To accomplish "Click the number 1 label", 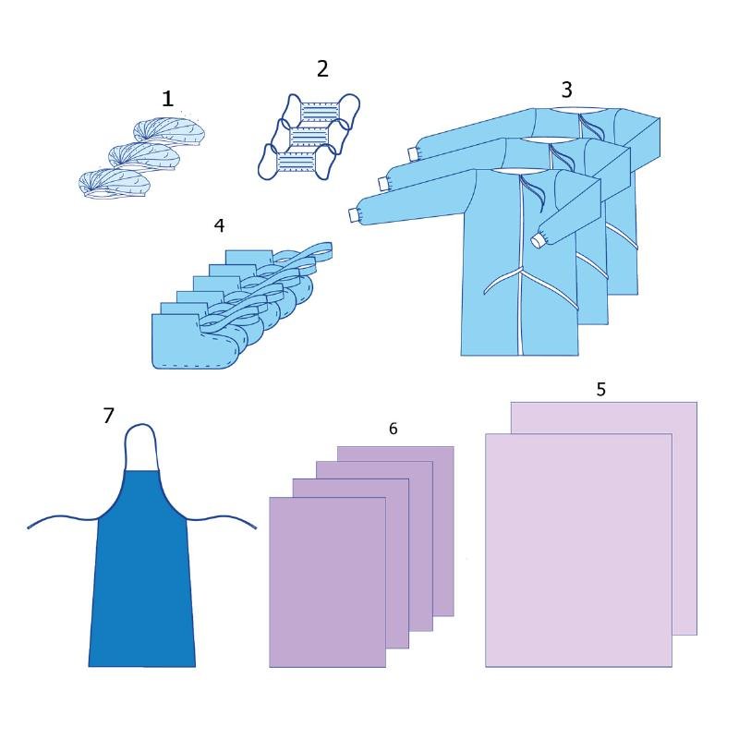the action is [x=168, y=99].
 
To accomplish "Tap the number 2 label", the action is [x=322, y=68].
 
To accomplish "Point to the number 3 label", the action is [x=567, y=90].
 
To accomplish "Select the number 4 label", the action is [x=219, y=225].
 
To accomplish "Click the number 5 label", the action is [x=601, y=389].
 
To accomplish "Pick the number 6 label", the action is [x=394, y=429].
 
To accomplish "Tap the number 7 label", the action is [x=109, y=415].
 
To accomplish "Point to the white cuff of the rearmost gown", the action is [x=413, y=153].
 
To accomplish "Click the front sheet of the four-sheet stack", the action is [x=328, y=582].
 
